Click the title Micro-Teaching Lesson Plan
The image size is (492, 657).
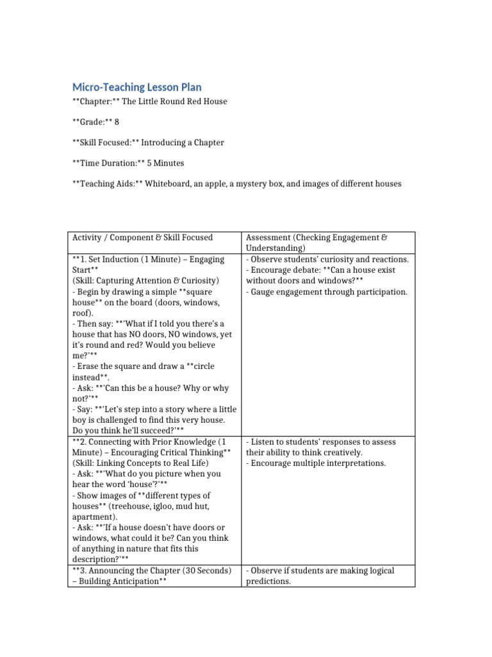pyautogui.click(x=136, y=87)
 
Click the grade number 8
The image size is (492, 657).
pyautogui.click(x=117, y=122)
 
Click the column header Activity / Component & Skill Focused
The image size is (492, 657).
pyautogui.click(x=142, y=237)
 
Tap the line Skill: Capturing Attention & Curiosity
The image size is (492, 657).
pyautogui.click(x=145, y=281)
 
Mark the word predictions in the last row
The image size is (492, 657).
pyautogui.click(x=268, y=581)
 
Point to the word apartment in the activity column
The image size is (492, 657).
pyautogui.click(x=93, y=516)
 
